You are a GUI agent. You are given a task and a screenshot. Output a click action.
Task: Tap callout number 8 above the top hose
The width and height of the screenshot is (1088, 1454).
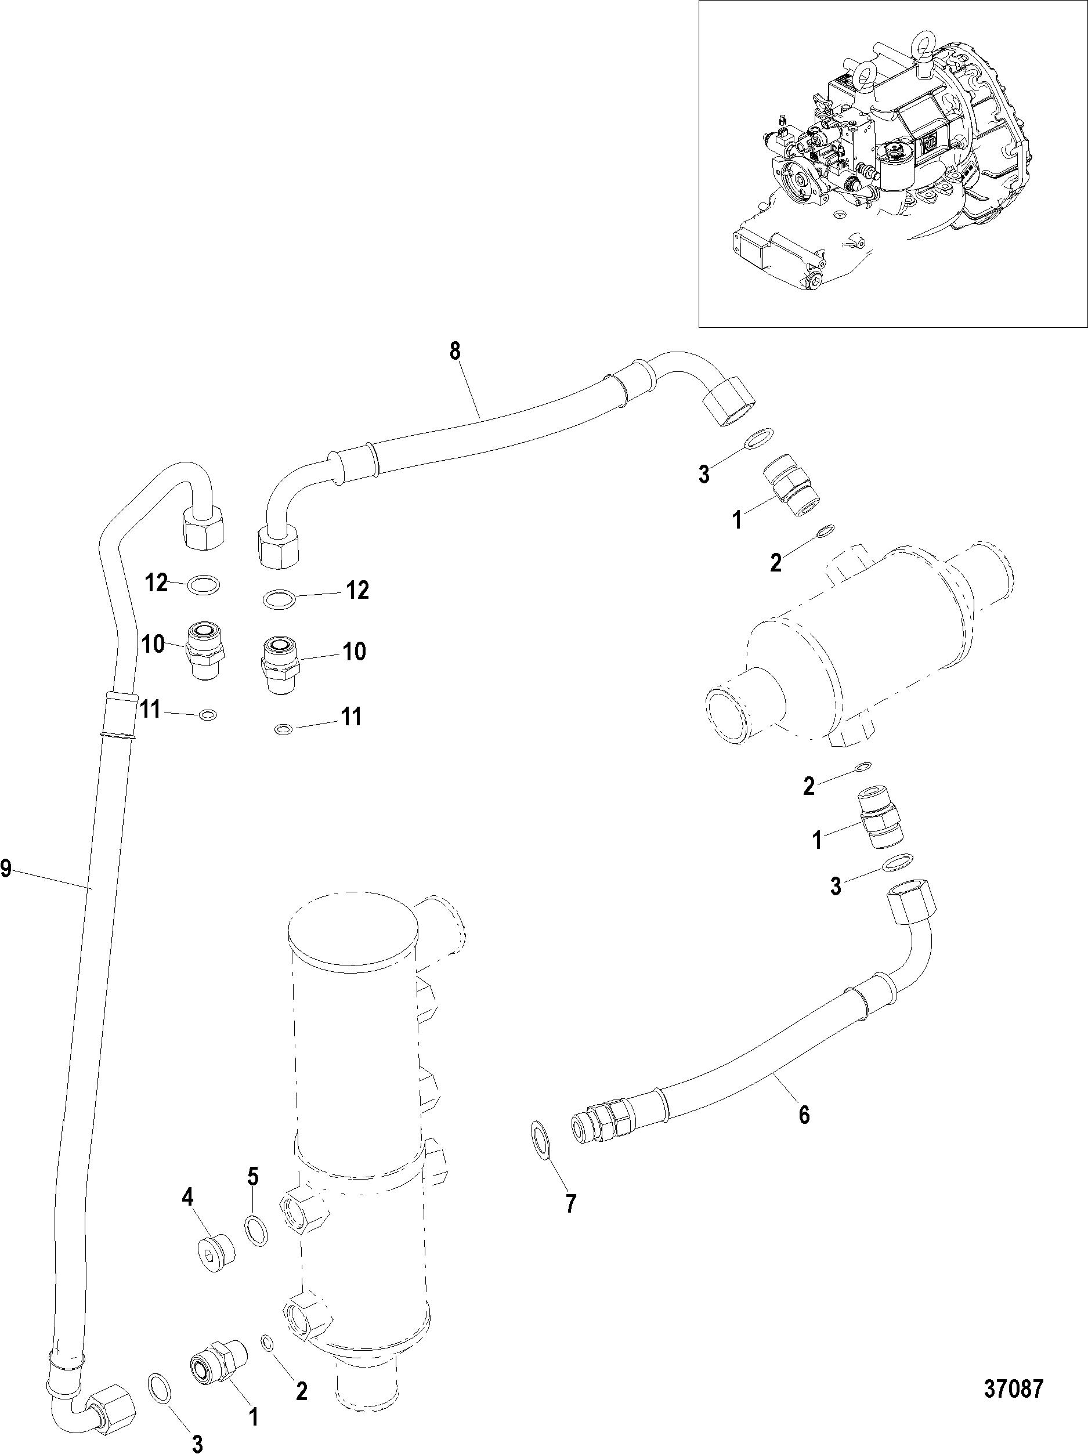[x=455, y=352]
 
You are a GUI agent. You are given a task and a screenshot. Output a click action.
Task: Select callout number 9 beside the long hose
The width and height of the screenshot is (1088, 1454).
[x=6, y=870]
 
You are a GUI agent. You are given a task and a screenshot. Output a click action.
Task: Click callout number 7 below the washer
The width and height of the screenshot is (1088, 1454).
[x=570, y=1203]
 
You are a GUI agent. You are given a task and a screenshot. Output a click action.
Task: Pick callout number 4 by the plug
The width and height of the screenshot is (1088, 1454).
[x=188, y=1198]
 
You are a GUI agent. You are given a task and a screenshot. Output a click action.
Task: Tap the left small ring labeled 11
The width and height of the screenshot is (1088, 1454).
[x=208, y=714]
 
